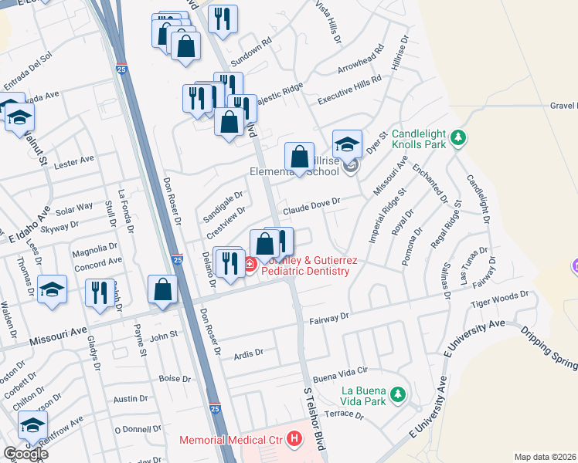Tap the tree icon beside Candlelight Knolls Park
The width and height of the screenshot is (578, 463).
click(x=459, y=137)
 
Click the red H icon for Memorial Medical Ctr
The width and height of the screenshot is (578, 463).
click(x=294, y=440)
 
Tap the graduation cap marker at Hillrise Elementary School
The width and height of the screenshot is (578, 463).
click(x=348, y=144)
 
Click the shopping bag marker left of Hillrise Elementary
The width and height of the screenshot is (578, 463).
click(x=299, y=157)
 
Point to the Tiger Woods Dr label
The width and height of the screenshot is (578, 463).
click(x=499, y=302)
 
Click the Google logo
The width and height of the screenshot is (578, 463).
click(x=25, y=453)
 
